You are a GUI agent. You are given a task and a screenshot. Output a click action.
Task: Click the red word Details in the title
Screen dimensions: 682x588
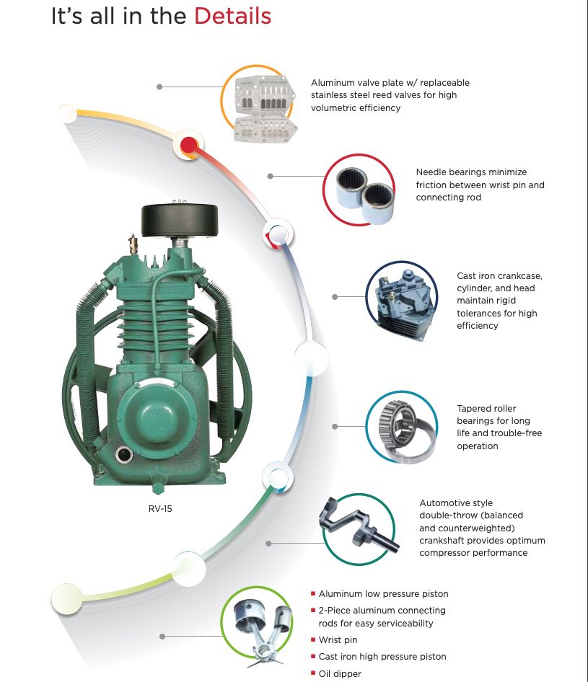tap(232, 17)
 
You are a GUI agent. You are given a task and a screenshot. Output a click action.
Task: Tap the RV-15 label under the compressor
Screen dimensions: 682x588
tap(160, 508)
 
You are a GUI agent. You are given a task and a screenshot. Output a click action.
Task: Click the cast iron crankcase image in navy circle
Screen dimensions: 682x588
tap(400, 298)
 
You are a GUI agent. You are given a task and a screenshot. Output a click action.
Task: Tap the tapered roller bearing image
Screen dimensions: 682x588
tap(403, 426)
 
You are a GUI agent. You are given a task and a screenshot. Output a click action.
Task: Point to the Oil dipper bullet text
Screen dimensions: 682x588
tap(340, 673)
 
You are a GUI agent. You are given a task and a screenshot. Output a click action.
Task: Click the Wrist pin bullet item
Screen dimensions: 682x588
tap(338, 639)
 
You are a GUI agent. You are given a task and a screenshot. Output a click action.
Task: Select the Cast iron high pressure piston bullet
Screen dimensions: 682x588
tap(382, 657)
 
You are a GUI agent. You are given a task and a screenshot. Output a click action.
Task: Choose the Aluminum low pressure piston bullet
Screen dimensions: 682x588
tap(383, 594)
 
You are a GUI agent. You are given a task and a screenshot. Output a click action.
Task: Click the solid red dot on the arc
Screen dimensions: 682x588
tap(188, 146)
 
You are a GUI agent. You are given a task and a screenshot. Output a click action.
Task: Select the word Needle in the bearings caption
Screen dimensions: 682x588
tap(431, 172)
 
